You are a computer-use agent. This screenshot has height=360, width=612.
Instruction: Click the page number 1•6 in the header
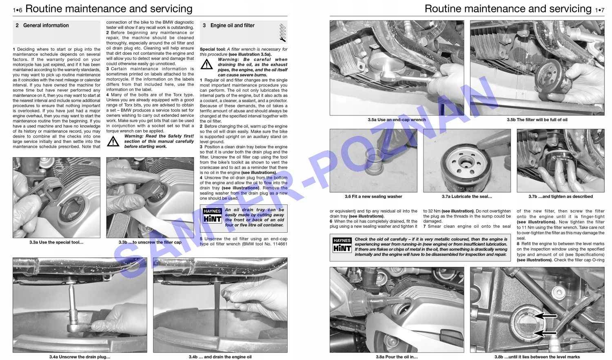[x=18, y=9]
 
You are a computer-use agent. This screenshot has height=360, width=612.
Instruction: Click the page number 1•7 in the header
[x=599, y=9]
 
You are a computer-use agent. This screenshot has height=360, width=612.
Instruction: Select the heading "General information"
[x=46, y=25]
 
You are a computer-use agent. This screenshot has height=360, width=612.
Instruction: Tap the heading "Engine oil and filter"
[x=232, y=25]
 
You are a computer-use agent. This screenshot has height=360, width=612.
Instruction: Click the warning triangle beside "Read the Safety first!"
[x=113, y=141]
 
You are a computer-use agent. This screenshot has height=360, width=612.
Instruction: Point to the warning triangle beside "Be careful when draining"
[x=207, y=64]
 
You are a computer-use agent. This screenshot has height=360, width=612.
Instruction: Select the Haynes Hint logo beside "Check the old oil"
[x=342, y=245]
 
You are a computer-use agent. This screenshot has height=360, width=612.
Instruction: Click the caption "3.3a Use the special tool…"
[x=56, y=242]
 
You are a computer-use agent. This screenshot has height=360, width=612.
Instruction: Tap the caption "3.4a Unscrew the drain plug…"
[x=80, y=357]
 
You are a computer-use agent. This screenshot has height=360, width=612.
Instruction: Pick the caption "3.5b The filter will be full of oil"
[x=537, y=120]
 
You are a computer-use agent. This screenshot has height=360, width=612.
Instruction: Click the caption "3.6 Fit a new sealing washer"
[x=373, y=197]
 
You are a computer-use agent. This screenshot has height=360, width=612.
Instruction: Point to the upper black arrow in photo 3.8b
[x=546, y=316]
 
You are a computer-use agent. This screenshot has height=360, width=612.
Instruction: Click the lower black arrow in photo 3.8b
[x=546, y=333]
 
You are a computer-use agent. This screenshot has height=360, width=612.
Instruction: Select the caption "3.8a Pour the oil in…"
[x=397, y=357]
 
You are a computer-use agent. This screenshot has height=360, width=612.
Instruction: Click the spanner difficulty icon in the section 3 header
[x=282, y=33]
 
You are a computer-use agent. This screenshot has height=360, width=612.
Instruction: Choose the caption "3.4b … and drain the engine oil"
[x=220, y=357]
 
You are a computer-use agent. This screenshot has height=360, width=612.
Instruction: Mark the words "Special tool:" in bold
[x=213, y=49]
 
